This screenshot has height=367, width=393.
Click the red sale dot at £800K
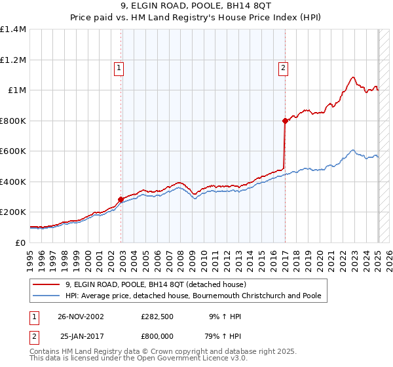tap(285, 121)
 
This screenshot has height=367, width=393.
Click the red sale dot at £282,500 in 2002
tap(121, 199)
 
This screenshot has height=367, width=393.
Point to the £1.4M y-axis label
tap(13, 29)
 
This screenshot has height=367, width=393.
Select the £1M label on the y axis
tap(16, 90)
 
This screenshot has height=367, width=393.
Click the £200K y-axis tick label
tap(13, 212)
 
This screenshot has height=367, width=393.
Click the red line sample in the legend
tap(47, 284)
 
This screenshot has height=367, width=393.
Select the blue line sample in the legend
tap(47, 296)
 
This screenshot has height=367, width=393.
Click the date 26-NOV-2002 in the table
tap(81, 317)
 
